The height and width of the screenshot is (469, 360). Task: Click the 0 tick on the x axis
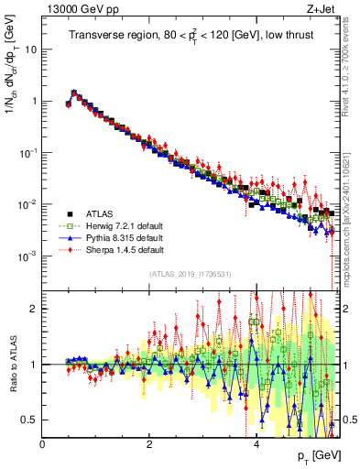42,442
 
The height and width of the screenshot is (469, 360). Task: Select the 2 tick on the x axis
149,442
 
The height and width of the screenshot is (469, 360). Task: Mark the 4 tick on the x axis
256,442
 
